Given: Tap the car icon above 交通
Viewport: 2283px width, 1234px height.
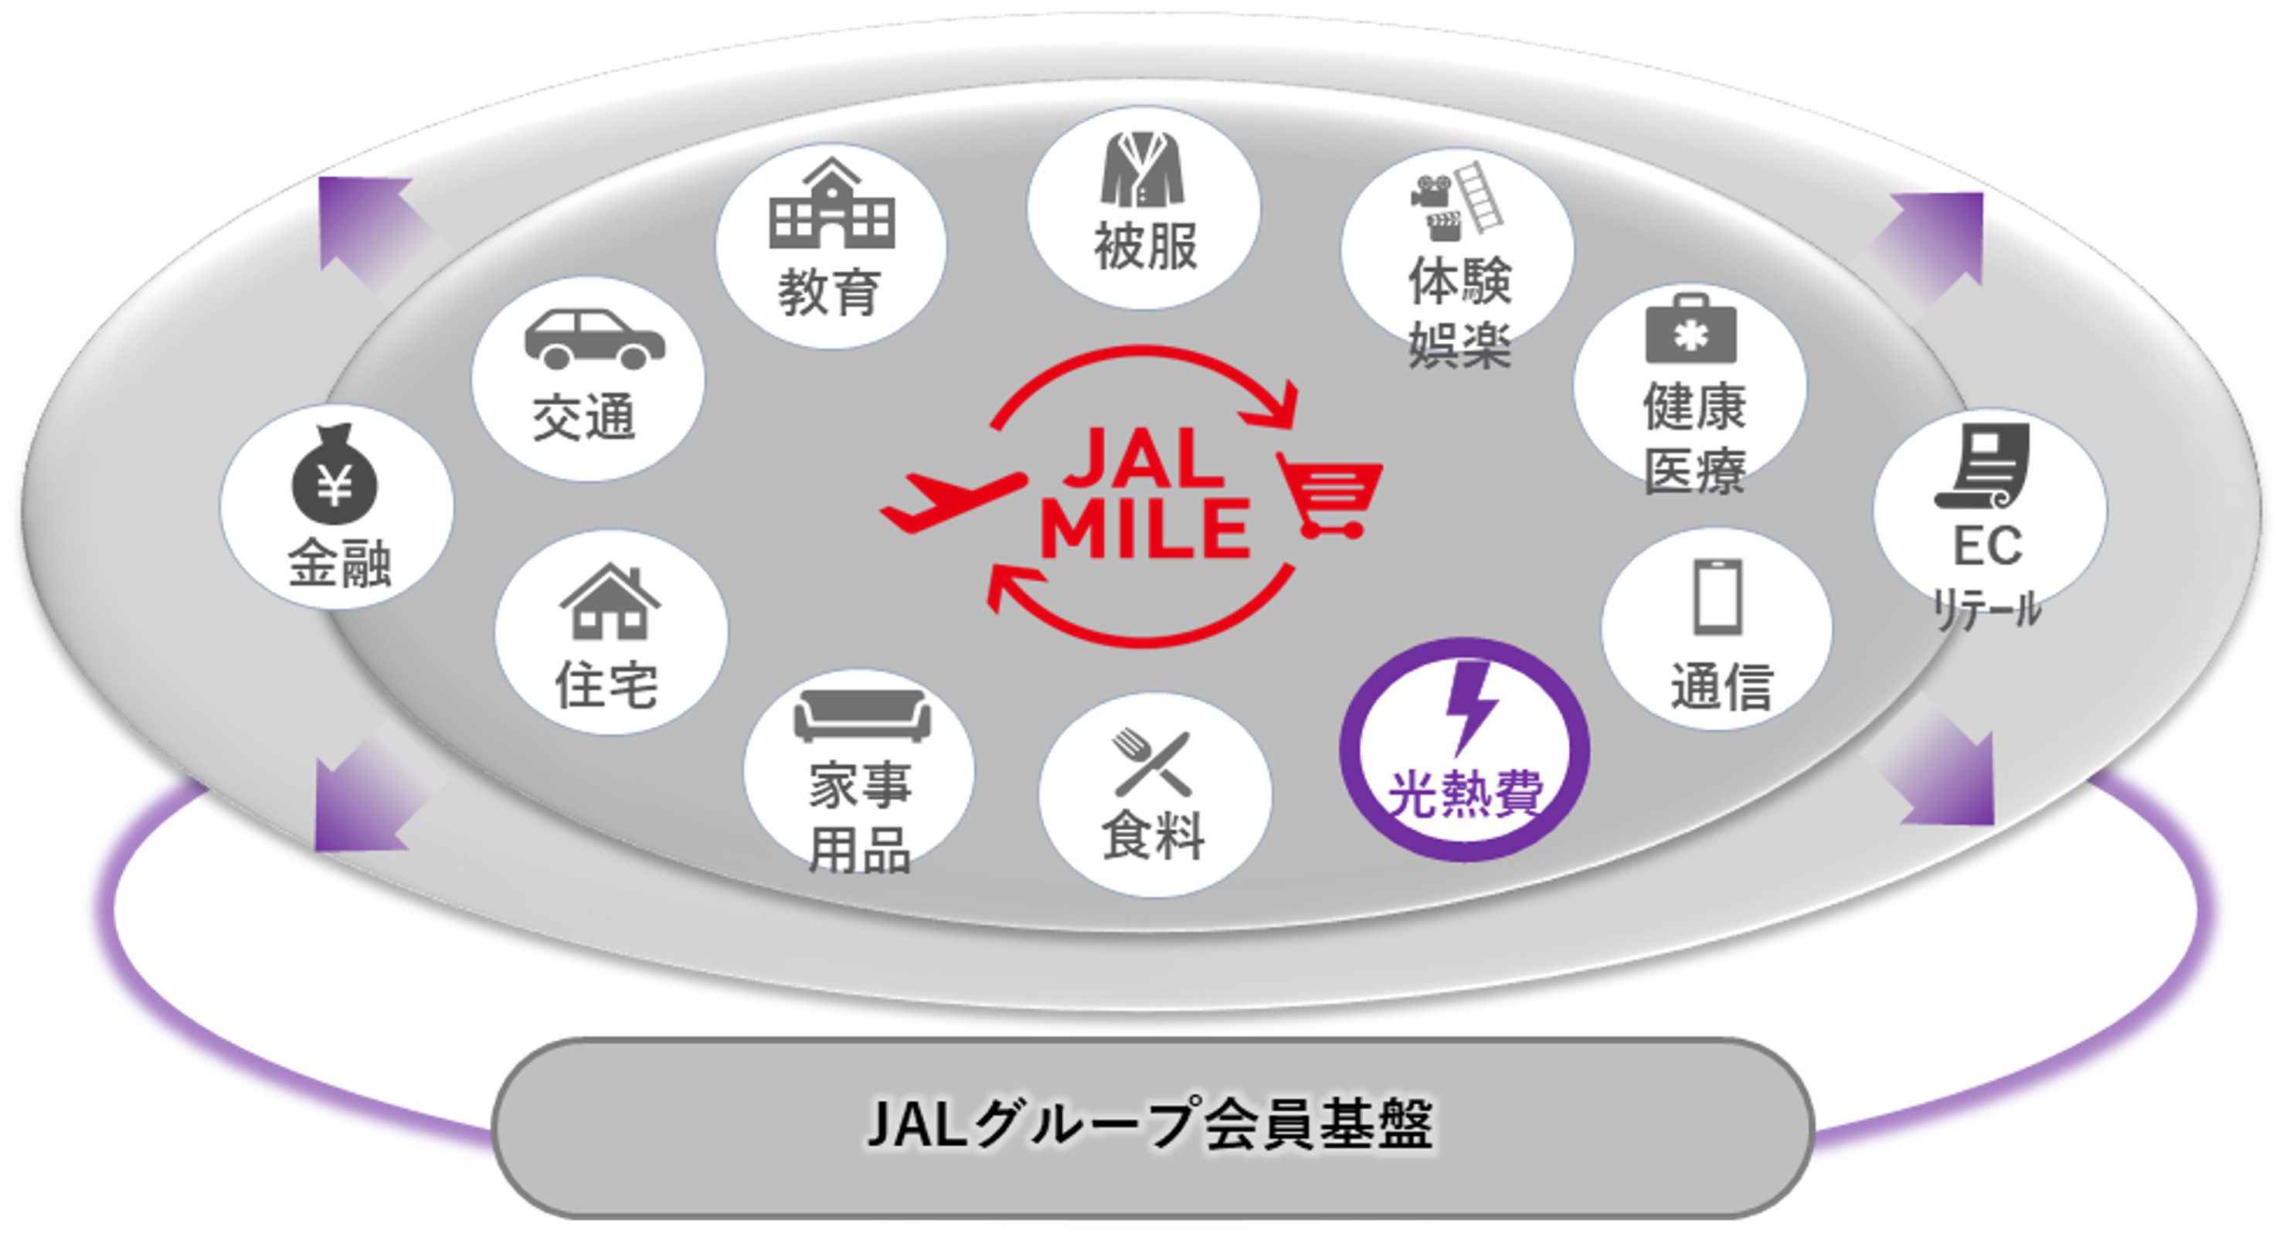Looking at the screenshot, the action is pyautogui.click(x=594, y=338).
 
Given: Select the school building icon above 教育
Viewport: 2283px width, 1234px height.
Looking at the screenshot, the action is pyautogui.click(x=831, y=206).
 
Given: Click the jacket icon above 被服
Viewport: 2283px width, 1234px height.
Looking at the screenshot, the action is pyautogui.click(x=1143, y=169).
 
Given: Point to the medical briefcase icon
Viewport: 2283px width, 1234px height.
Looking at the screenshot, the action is pyautogui.click(x=1691, y=330).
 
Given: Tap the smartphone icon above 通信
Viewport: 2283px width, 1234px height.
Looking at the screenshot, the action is pyautogui.click(x=1717, y=597).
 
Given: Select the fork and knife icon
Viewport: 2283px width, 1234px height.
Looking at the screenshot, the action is pyautogui.click(x=1153, y=763).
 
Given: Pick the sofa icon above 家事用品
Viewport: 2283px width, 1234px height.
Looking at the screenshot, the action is pyautogui.click(x=861, y=716).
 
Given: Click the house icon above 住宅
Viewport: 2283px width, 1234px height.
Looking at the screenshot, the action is pyautogui.click(x=610, y=603).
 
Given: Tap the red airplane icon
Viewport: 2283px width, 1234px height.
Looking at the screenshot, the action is pyautogui.click(x=952, y=500).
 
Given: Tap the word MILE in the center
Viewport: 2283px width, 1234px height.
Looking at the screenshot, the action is pyautogui.click(x=1144, y=530).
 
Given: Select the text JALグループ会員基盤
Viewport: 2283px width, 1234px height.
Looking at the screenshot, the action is pyautogui.click(x=1150, y=1124).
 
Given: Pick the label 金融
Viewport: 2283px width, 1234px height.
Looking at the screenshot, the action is pyautogui.click(x=339, y=564).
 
